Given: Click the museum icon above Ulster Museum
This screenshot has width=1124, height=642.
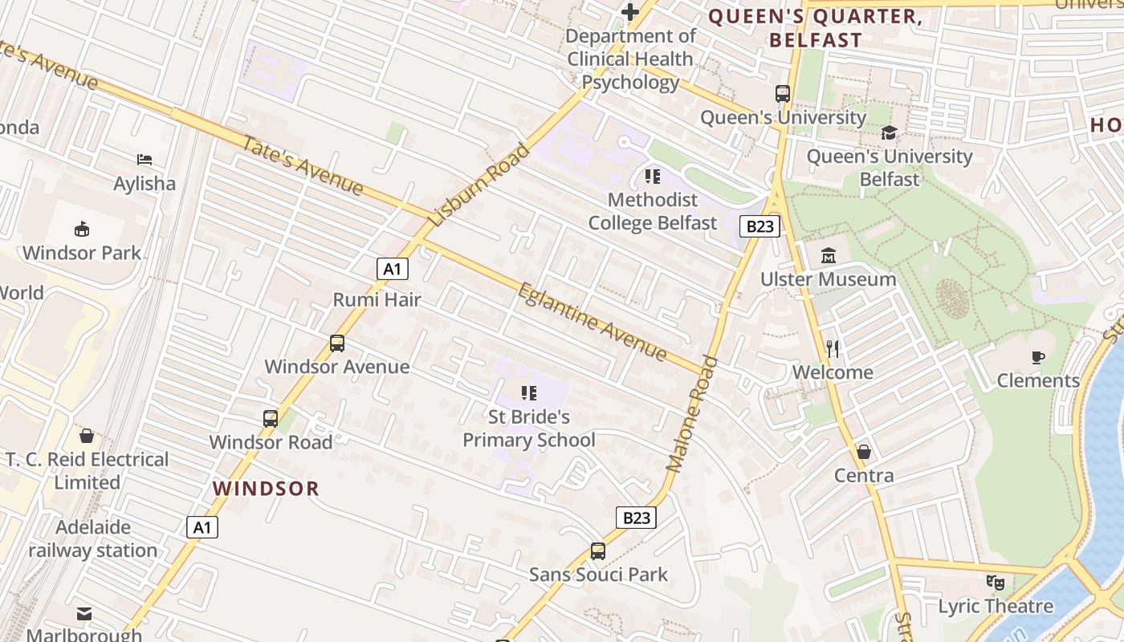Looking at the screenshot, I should pyautogui.click(x=829, y=256).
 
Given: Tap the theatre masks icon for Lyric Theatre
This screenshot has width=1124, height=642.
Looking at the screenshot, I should pyautogui.click(x=996, y=583).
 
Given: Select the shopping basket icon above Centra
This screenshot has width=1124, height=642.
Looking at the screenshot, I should pyautogui.click(x=864, y=452).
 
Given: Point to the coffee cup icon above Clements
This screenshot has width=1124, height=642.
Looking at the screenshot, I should pyautogui.click(x=1038, y=357).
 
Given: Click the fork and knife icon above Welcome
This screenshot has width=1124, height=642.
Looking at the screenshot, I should pyautogui.click(x=833, y=348).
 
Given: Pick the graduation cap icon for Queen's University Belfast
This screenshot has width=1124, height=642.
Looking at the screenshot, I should pyautogui.click(x=889, y=132).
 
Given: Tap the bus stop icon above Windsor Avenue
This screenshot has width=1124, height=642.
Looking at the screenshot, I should pyautogui.click(x=337, y=343).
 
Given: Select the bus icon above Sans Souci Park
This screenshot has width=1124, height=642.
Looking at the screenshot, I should pyautogui.click(x=598, y=551).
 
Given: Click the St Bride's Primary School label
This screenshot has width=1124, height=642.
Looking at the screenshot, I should pyautogui.click(x=529, y=429).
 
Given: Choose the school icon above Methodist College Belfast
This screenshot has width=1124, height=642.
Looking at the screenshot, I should pyautogui.click(x=652, y=176).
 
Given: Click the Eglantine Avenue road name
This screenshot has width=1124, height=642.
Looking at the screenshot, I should pyautogui.click(x=593, y=322).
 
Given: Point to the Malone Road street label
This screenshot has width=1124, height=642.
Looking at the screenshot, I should pyautogui.click(x=691, y=413).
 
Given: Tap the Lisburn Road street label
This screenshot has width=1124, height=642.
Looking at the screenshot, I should pyautogui.click(x=479, y=185).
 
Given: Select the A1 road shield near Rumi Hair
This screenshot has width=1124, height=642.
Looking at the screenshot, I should pyautogui.click(x=392, y=269).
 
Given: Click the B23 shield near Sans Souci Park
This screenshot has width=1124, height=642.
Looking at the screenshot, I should pyautogui.click(x=636, y=518).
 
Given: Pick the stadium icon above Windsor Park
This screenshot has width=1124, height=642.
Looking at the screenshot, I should pyautogui.click(x=82, y=230).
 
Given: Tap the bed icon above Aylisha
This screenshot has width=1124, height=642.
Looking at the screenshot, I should pyautogui.click(x=145, y=160).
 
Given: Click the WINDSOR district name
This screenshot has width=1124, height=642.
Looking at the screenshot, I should pyautogui.click(x=266, y=488).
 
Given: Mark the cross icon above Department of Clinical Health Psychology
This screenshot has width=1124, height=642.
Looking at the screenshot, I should pyautogui.click(x=630, y=12).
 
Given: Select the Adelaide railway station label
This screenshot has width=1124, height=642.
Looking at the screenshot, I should pyautogui.click(x=93, y=539).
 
